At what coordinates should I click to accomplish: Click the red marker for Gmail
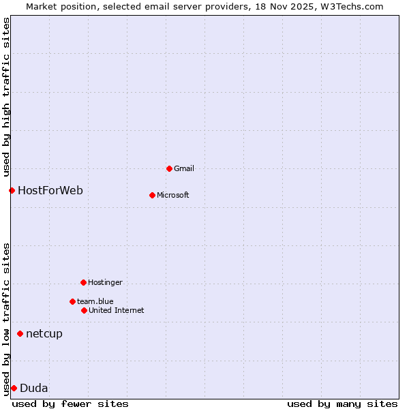[169, 168]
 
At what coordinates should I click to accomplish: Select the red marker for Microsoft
[152, 195]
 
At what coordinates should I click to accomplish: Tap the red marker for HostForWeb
[12, 190]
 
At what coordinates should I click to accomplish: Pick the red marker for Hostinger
[83, 282]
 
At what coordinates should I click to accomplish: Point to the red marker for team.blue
[72, 301]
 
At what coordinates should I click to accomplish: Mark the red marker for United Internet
[84, 310]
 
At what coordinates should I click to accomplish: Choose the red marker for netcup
[20, 333]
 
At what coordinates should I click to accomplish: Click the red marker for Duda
[14, 388]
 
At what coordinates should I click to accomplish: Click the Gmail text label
[184, 168]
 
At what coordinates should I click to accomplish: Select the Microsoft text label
[173, 195]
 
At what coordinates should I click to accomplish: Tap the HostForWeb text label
[50, 190]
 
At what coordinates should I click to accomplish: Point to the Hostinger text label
[105, 282]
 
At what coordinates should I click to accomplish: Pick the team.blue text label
[95, 301]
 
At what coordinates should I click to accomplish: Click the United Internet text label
[117, 310]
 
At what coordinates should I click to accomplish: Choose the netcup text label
[44, 333]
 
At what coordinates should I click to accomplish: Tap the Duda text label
[34, 388]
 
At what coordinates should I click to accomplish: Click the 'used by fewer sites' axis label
[70, 404]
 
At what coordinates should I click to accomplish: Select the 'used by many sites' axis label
[342, 404]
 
